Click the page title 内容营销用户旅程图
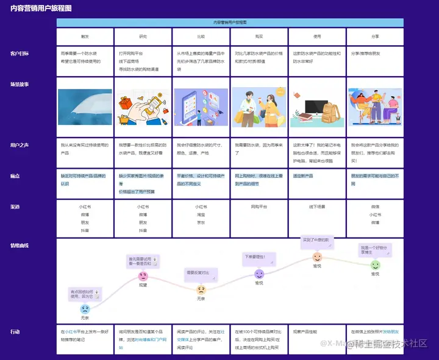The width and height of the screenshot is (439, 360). click(x=41, y=9)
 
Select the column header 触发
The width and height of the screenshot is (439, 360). click(x=85, y=37)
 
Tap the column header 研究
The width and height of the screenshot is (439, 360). click(x=143, y=37)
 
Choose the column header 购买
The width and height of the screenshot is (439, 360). click(x=259, y=37)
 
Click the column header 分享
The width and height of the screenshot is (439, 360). click(x=375, y=37)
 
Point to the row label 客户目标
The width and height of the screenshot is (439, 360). click(x=20, y=54)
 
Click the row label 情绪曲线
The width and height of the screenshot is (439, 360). click(x=20, y=245)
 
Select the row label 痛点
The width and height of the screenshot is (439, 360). click(x=15, y=176)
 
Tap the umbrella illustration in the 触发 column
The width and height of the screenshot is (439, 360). click(x=85, y=107)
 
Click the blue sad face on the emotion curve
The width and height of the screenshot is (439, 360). click(x=85, y=309)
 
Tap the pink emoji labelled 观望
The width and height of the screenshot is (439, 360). click(x=143, y=276)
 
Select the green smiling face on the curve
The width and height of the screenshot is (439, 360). click(x=375, y=265)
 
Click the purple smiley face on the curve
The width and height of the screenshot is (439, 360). click(x=259, y=274)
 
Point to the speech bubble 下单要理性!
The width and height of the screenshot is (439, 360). click(x=256, y=256)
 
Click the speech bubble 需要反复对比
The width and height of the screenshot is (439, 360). click(x=198, y=272)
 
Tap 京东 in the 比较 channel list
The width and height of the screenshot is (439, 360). click(x=201, y=223)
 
